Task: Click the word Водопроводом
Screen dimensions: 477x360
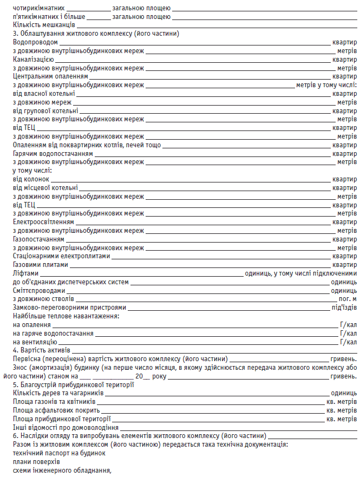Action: (x=35, y=42)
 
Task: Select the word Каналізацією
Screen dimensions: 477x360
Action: (x=33, y=59)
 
